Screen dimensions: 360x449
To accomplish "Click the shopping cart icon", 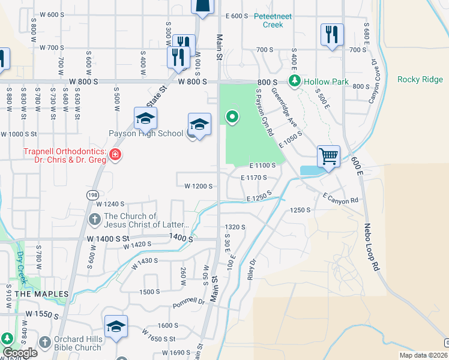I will pyautogui.click(x=328, y=157).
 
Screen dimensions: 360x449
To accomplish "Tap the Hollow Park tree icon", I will pyautogui.click(x=295, y=80).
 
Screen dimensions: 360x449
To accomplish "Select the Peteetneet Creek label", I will pyautogui.click(x=273, y=20).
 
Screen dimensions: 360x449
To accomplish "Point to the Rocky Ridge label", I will pyautogui.click(x=420, y=80).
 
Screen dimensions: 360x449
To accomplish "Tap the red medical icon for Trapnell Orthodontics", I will pyautogui.click(x=115, y=156).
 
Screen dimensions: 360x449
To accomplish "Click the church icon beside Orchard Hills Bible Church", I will pyautogui.click(x=44, y=343).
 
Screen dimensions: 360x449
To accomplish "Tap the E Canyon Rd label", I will pyautogui.click(x=340, y=197).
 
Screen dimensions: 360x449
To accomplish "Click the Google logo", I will pyautogui.click(x=19, y=353).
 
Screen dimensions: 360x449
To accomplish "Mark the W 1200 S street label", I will pyautogui.click(x=199, y=187).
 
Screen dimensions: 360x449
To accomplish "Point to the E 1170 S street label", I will pyautogui.click(x=253, y=178).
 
